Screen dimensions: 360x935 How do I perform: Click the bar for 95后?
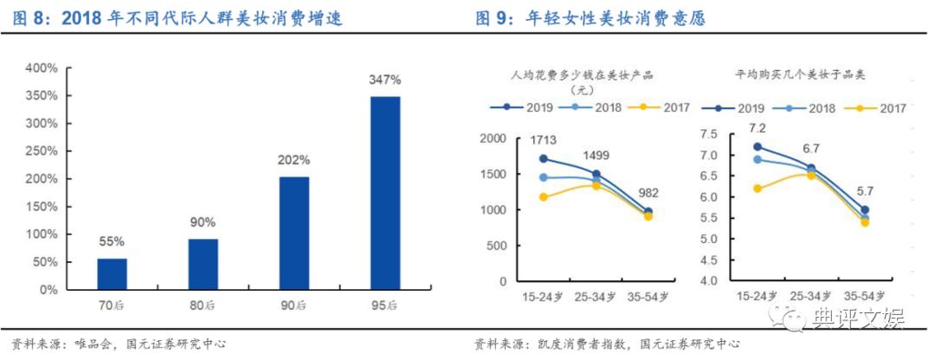click(x=385, y=192)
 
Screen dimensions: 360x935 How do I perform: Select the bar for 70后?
click(x=112, y=273)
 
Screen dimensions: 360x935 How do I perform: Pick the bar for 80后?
click(x=203, y=264)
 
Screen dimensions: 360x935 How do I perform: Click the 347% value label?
click(x=385, y=80)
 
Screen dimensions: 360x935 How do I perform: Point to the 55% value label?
click(x=112, y=242)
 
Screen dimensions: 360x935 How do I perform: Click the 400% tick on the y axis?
click(x=42, y=67)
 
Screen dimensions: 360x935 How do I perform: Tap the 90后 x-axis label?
click(x=294, y=305)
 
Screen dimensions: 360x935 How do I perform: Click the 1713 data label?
click(x=544, y=140)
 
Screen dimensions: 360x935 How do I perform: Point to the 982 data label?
click(x=648, y=192)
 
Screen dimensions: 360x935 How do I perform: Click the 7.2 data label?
click(x=758, y=128)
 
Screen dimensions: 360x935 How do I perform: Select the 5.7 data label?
click(x=866, y=191)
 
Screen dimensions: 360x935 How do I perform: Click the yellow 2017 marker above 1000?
click(x=544, y=197)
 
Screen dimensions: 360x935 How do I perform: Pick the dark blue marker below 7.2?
click(x=758, y=147)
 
